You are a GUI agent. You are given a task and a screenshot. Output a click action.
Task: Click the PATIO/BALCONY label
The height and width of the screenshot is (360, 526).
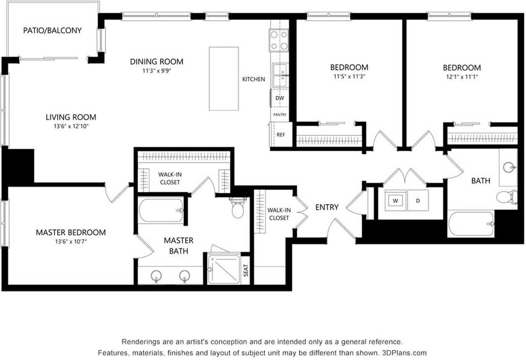pos(52,30)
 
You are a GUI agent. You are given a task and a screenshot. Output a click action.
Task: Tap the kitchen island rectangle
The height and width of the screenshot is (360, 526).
pos(224,79)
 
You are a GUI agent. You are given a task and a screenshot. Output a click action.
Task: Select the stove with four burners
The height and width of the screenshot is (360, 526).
pos(279,40)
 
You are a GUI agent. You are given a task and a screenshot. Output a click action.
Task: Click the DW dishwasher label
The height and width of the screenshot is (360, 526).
pos(279,98)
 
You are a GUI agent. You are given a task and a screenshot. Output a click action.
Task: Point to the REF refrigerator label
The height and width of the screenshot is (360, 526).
pos(281,135)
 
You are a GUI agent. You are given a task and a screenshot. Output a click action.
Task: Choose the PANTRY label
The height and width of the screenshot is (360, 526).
pos(280,115)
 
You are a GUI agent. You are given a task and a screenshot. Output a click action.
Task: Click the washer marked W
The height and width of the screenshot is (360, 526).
pos(395,201)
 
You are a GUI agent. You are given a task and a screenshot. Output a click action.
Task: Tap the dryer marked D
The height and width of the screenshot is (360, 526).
pos(418,201)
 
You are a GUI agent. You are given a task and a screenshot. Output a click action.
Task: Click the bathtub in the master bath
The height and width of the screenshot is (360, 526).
pos(162,211)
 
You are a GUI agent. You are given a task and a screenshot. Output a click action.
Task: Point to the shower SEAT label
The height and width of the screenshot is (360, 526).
pos(246,270)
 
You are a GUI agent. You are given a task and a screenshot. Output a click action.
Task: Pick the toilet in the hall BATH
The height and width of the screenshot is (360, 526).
pos(506,197)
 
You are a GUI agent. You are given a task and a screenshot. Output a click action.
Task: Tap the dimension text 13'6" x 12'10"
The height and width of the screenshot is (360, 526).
pos(71,127)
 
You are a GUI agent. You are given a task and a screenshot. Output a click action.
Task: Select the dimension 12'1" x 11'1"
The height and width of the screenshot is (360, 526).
pos(462,77)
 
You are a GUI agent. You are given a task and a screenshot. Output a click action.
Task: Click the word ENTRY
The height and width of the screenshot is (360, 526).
pos(327,207)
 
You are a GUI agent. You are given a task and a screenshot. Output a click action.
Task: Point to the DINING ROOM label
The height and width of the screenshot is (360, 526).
pos(157,62)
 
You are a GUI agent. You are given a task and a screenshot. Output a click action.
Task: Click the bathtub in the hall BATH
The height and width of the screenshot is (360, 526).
pos(471,223)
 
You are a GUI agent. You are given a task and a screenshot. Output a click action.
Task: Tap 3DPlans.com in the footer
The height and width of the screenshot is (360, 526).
pos(404,353)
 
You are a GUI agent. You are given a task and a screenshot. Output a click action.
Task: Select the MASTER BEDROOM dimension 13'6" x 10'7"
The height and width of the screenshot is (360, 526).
pos(71,242)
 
